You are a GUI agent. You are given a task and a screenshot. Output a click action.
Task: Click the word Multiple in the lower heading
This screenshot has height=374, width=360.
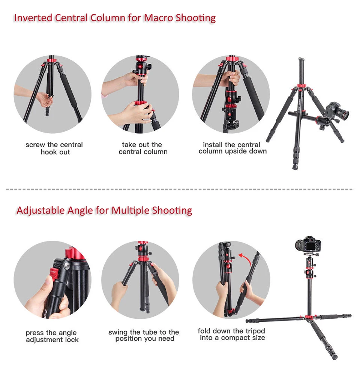coord(130,210)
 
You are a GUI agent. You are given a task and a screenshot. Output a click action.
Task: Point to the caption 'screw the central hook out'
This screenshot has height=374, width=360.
coord(54,148)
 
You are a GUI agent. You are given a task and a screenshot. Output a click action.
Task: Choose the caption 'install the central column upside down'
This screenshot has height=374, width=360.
coord(232,148)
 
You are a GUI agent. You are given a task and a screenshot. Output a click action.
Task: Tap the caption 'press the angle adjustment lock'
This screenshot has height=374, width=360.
coord(52,336)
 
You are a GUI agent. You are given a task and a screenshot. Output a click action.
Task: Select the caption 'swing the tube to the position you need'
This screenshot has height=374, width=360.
coord(144,335)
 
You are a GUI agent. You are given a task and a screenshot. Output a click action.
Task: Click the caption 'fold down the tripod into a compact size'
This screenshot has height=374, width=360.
coord(232,334)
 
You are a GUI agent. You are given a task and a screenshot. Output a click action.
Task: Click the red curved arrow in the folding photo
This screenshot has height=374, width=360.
coord(245,259)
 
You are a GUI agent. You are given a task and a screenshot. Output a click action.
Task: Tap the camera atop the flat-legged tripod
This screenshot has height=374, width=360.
coord(308,244)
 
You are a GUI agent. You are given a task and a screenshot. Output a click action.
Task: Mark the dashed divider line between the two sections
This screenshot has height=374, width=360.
coord(180,189)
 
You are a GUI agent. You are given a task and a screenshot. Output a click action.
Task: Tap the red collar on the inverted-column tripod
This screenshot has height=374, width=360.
coord(300,89)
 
